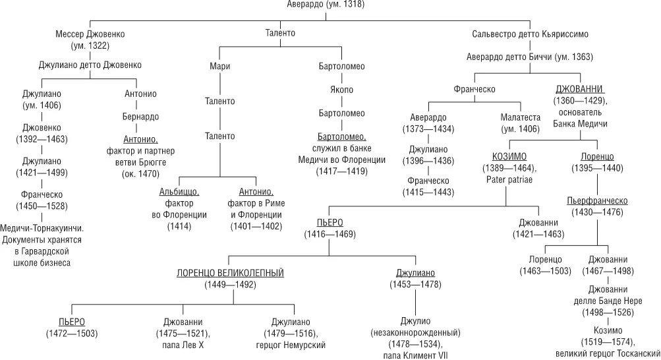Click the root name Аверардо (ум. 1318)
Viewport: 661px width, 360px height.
pyautogui.click(x=326, y=5)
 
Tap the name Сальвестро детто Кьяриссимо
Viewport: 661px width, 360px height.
pyautogui.click(x=530, y=34)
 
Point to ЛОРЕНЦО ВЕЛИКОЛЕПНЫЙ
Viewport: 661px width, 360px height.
pyautogui.click(x=230, y=272)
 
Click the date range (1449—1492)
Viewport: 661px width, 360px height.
pyautogui.click(x=230, y=284)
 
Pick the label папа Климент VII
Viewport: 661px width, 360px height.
pyautogui.click(x=415, y=355)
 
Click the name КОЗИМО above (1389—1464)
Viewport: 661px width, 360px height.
pyautogui.click(x=509, y=156)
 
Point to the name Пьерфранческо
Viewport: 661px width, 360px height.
pyautogui.click(x=597, y=200)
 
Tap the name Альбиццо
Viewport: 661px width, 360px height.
pyautogui.click(x=179, y=191)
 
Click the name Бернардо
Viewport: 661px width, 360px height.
pyautogui.click(x=140, y=117)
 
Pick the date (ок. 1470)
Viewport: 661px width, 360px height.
pyautogui.click(x=140, y=174)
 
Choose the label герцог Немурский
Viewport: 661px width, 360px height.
pyautogui.click(x=291, y=345)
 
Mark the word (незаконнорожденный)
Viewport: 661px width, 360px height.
pyautogui.click(x=415, y=332)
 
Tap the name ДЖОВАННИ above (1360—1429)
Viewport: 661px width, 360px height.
pyautogui.click(x=580, y=89)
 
